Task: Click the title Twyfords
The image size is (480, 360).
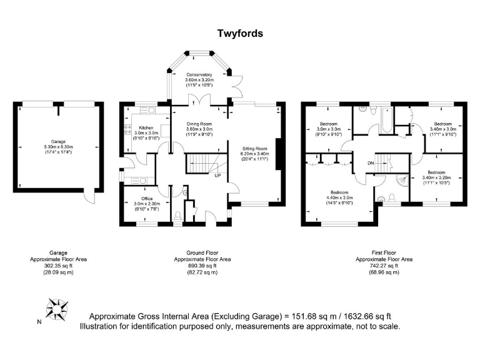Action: pos(240,33)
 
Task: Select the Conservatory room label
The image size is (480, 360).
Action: pos(199,74)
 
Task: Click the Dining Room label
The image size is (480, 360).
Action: pos(199,123)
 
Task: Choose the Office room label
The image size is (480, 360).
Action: pos(147,198)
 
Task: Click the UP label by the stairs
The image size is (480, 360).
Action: pos(217,176)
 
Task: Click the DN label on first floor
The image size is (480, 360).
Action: pos(371,164)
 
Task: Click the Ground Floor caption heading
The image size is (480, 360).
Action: pos(202,253)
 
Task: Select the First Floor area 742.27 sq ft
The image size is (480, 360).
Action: pos(384,266)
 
